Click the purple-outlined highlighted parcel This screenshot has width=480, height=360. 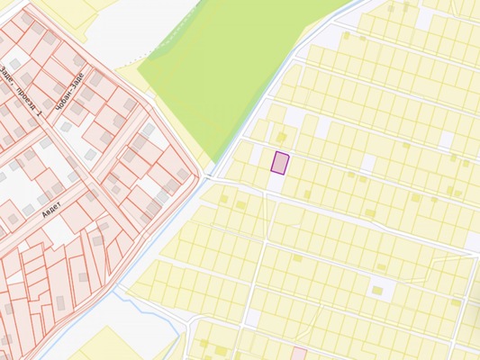281,163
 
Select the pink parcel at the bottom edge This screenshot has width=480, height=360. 299,354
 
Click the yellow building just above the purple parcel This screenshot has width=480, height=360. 281,137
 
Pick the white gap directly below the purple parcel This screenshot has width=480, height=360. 275,181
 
